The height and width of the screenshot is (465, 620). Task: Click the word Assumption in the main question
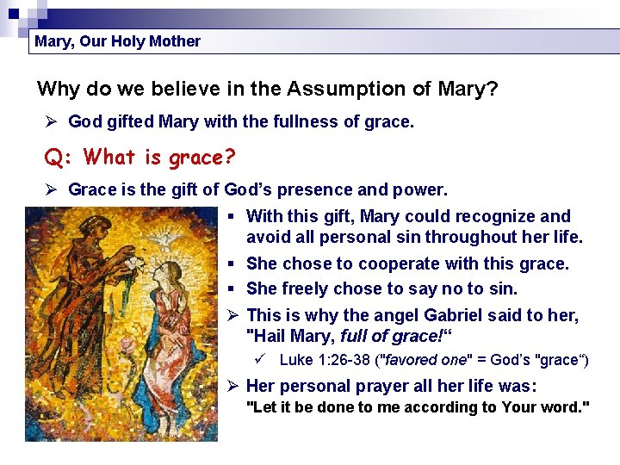tap(341, 89)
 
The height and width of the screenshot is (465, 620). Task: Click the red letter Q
tap(54, 157)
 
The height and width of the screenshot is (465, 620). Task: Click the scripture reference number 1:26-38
tap(344, 360)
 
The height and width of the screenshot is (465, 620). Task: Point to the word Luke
tap(295, 360)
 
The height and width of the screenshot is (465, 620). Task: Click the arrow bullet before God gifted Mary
tap(51, 122)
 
